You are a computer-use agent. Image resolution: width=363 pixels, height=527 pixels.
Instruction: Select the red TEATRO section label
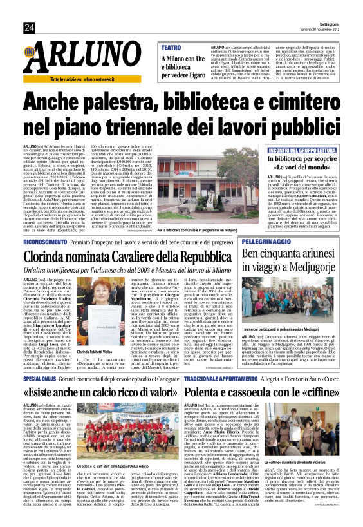point(171,48)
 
